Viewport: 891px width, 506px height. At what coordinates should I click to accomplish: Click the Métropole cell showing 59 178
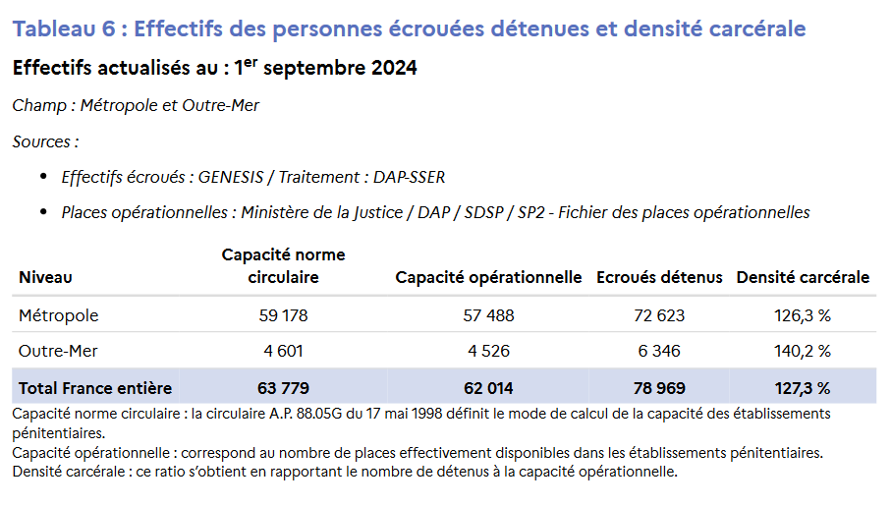(283, 315)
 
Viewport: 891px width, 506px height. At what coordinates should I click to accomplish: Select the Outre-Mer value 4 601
(283, 351)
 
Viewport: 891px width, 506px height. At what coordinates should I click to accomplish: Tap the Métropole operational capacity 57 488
(488, 315)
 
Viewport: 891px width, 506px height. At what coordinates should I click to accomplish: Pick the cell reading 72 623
(659, 315)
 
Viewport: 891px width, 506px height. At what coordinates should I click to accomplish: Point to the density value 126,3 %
(803, 315)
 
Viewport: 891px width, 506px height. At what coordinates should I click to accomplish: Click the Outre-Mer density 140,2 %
(803, 351)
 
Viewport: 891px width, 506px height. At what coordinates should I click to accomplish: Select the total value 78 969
(659, 387)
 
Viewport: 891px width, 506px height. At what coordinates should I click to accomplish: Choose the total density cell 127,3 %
(803, 387)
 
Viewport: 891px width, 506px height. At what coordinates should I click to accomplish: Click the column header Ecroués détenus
(659, 277)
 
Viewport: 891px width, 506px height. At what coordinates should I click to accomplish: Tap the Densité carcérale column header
(803, 277)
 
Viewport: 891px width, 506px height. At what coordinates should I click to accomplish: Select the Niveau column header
(45, 277)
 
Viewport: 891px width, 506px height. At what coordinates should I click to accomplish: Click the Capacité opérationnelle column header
(488, 277)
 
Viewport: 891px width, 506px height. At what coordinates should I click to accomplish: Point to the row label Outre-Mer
(58, 351)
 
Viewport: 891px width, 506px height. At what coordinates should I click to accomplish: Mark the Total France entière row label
(95, 387)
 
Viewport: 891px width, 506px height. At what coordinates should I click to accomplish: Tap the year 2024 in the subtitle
(392, 68)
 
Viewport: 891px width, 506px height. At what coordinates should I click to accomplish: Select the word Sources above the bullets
(42, 141)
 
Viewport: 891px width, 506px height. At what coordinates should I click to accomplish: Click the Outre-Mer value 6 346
(659, 351)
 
